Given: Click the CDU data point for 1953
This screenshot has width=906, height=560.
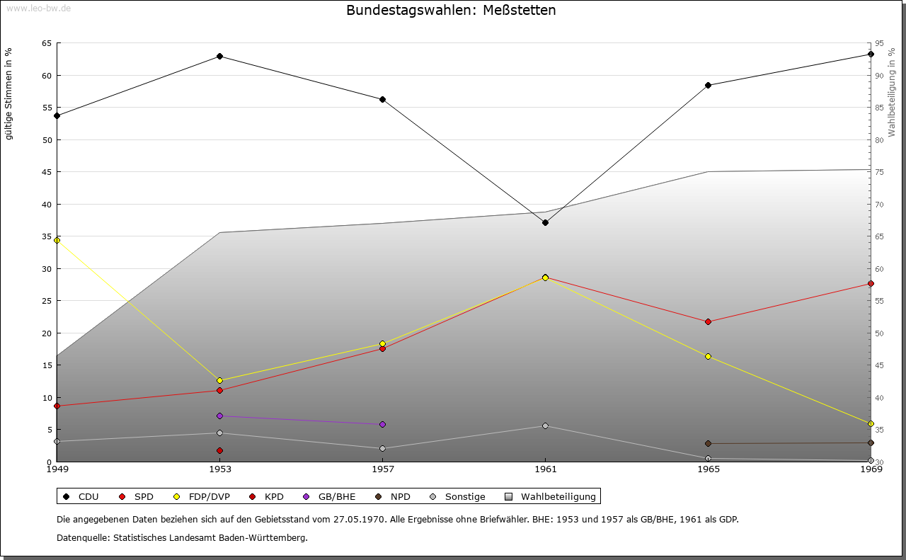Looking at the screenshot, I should click(219, 56).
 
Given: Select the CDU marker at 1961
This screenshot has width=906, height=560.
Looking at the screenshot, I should click(545, 222).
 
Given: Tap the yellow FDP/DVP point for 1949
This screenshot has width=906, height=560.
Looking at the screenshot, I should click(57, 240).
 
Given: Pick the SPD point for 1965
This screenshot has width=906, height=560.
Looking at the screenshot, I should click(708, 321).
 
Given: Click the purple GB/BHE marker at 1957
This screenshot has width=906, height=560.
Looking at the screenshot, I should click(382, 424).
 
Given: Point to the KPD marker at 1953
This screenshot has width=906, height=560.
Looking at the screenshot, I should click(219, 450).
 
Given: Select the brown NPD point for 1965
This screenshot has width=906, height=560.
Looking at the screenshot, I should click(708, 443).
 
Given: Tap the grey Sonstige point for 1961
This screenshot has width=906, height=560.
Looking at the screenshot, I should click(545, 425).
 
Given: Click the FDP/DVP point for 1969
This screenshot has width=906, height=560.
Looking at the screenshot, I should click(871, 423).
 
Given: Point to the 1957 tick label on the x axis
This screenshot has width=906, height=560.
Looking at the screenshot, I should click(382, 469).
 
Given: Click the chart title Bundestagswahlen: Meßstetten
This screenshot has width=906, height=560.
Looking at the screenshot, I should click(451, 10).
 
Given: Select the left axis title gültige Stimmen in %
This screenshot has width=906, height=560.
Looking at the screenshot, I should click(9, 93).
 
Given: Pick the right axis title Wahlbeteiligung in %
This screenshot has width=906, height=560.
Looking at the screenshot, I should click(892, 93).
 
